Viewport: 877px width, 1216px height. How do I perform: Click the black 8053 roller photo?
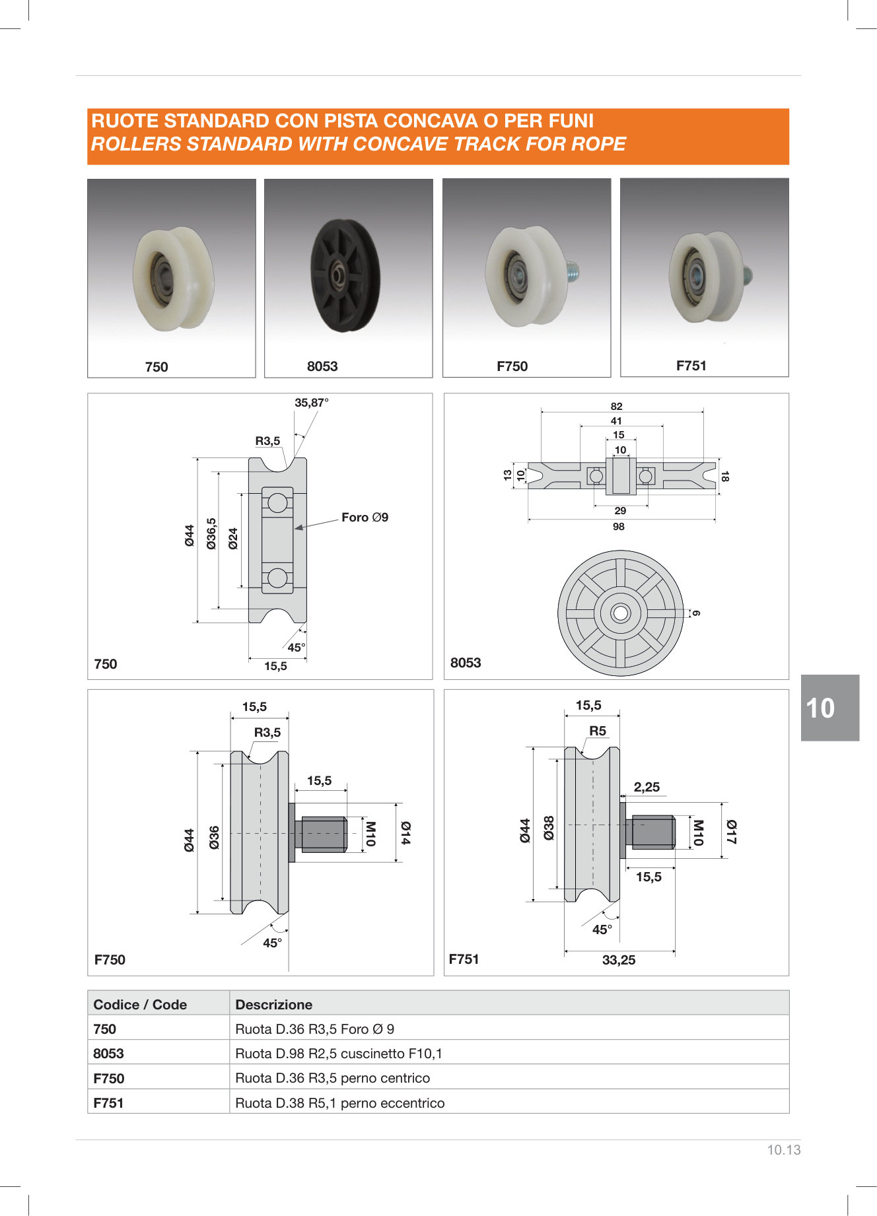pyautogui.click(x=345, y=275)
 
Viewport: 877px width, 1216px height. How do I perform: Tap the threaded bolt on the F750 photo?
pyautogui.click(x=571, y=270)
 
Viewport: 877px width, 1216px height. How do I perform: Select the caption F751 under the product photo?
pyautogui.click(x=691, y=366)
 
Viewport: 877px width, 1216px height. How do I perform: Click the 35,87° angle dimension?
pyautogui.click(x=312, y=403)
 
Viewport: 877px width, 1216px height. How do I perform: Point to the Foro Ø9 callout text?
pyautogui.click(x=365, y=518)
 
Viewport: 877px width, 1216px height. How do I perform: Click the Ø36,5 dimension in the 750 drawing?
pyautogui.click(x=211, y=533)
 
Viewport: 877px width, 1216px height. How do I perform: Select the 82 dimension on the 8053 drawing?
pyautogui.click(x=616, y=407)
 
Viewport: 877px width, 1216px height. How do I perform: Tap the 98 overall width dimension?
pyautogui.click(x=618, y=527)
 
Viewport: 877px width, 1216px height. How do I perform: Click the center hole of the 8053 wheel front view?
pyautogui.click(x=620, y=613)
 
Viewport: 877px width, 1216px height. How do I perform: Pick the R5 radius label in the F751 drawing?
pyautogui.click(x=598, y=731)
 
